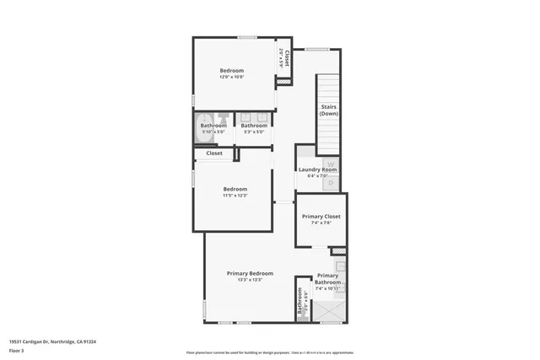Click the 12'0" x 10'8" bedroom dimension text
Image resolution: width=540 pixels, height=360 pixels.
coord(232,78)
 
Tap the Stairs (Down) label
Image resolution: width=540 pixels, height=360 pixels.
coord(329,110)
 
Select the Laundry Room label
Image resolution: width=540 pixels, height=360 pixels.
coord(317,169)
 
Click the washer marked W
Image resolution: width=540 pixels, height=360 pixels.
coord(331,164)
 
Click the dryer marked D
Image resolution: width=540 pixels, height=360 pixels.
coord(331,181)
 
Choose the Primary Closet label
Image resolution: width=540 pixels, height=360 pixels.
coord(321,216)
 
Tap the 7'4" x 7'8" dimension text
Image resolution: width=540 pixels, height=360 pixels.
coord(321,223)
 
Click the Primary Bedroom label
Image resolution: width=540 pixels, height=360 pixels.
coord(250,273)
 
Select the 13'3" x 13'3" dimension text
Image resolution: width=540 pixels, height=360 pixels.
coord(250,280)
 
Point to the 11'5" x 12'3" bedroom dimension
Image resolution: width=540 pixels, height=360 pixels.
coord(235,196)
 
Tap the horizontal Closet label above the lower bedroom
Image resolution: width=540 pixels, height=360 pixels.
coord(214,153)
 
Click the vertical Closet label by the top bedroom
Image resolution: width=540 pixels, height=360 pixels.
coord(287,58)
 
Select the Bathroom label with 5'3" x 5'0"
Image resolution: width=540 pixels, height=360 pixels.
coord(254,126)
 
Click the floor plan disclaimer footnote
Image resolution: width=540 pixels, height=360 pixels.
coord(270,352)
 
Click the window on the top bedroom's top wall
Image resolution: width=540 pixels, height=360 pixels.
coord(246,37)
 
